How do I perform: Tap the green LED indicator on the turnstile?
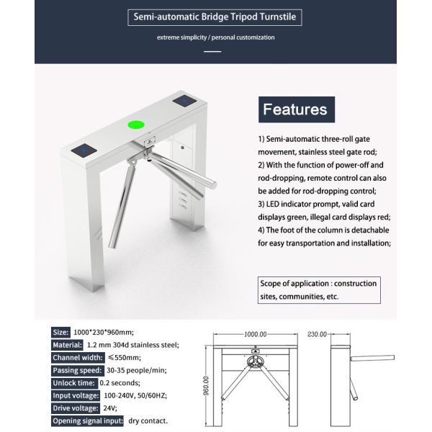135,125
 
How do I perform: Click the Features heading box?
295,110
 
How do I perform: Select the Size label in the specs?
60,332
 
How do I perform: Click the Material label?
67,344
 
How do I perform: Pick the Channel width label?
78,357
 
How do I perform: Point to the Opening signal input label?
87,420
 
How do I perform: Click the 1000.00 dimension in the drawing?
255,335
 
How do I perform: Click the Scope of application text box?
319,289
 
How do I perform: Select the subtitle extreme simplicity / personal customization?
216,37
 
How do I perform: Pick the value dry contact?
148,420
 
